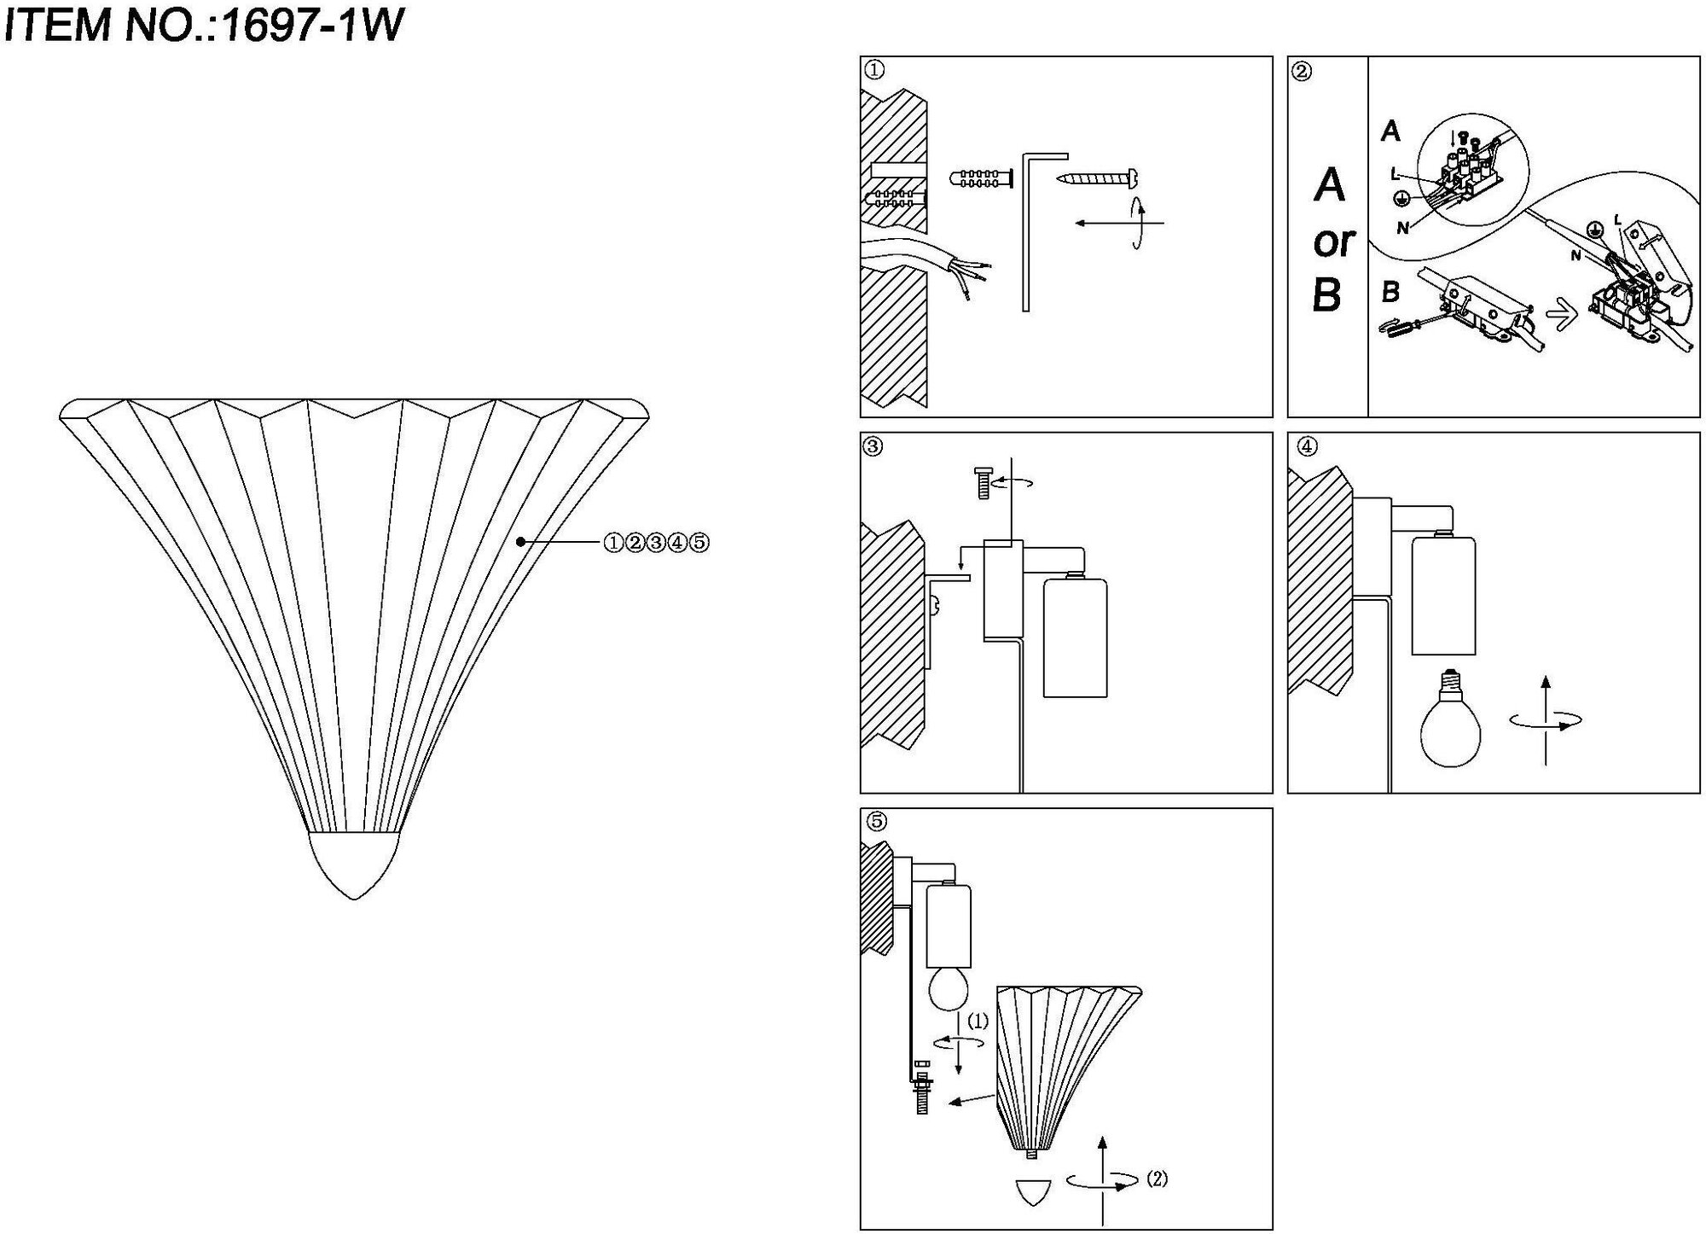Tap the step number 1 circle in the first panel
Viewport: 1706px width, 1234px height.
874,71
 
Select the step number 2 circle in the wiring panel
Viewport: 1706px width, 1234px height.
1302,71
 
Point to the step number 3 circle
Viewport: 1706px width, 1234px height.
874,446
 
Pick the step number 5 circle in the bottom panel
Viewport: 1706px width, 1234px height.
875,821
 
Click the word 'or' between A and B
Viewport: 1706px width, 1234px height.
1333,242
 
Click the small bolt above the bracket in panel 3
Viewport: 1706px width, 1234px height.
981,482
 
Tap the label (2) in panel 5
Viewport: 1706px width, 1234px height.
1157,1179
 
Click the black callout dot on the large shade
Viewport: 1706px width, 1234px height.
519,541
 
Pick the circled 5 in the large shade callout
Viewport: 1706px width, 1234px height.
699,542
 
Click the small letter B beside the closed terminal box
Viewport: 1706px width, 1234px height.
1390,293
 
